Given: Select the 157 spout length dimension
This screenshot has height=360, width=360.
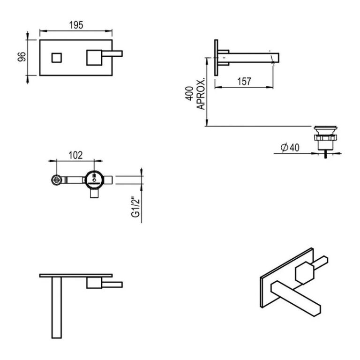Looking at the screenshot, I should click(x=244, y=81).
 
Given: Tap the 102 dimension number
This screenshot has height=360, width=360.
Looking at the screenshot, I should click(x=75, y=155).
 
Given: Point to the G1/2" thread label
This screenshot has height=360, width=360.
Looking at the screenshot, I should click(x=136, y=207).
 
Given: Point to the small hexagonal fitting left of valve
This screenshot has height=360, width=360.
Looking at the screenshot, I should click(x=57, y=180).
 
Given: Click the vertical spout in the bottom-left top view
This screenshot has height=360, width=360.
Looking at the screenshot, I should click(x=57, y=307).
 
